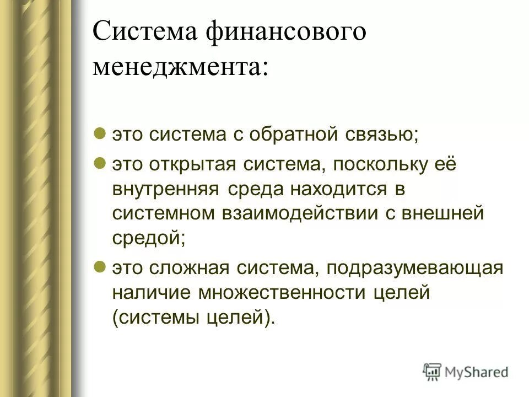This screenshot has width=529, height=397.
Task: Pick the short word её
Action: [x=446, y=165]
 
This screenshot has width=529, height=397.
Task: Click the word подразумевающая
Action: [x=414, y=269]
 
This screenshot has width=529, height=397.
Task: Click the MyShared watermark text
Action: [x=476, y=373]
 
